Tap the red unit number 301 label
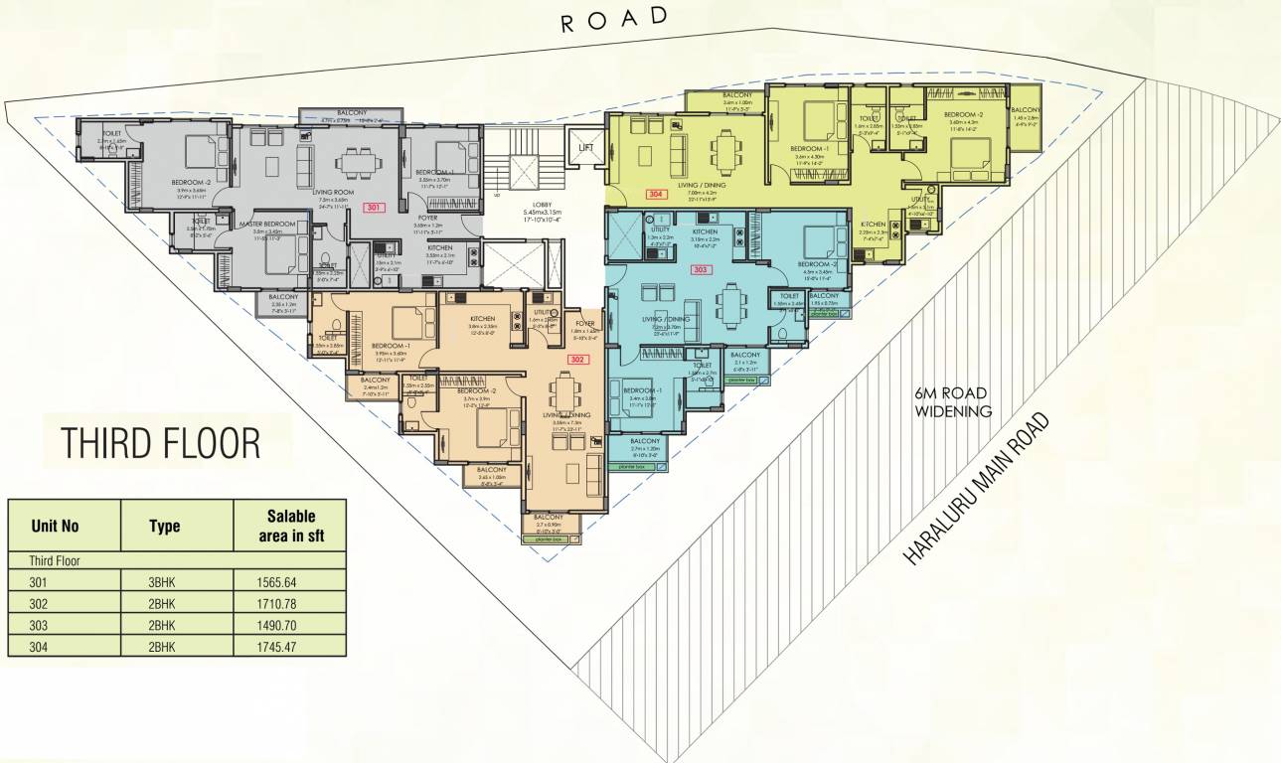[374, 209]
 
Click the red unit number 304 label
[655, 195]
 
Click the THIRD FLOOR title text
[161, 443]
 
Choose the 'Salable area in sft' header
[290, 526]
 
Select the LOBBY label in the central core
[542, 205]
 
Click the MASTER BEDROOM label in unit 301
[265, 225]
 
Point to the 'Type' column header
[164, 526]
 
